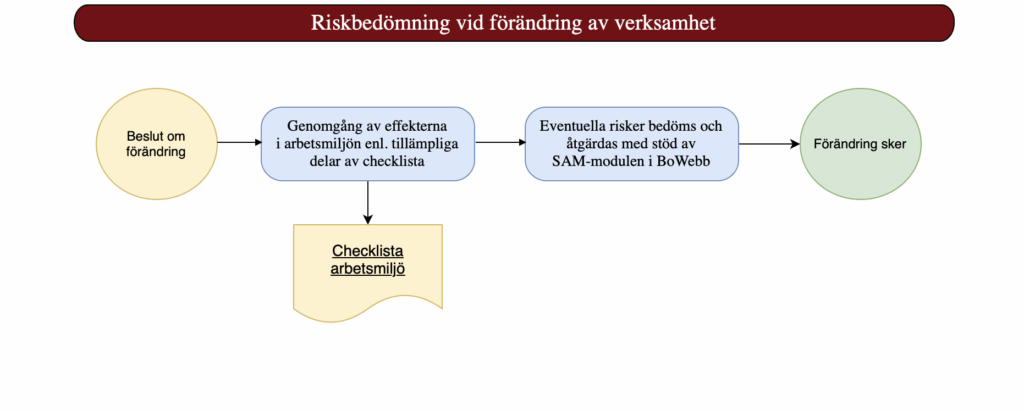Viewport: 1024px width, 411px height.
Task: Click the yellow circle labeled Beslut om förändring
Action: [x=157, y=144]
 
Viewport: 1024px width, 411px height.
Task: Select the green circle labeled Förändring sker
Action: [x=860, y=144]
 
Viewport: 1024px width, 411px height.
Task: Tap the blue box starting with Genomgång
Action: [x=368, y=144]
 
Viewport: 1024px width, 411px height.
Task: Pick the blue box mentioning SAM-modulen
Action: [x=632, y=144]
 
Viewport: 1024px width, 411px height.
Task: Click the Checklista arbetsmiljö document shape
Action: [x=368, y=271]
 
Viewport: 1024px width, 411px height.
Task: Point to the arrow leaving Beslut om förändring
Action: [x=239, y=142]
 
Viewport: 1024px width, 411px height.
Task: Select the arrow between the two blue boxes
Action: [x=500, y=142]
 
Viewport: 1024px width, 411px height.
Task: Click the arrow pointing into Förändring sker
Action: [x=769, y=144]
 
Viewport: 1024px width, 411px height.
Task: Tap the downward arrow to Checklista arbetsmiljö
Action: [x=368, y=203]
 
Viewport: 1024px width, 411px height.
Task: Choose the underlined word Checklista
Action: [x=368, y=252]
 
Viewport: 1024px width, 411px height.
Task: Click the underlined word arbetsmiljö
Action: [x=368, y=269]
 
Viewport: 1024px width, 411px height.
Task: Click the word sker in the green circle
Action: [x=893, y=144]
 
